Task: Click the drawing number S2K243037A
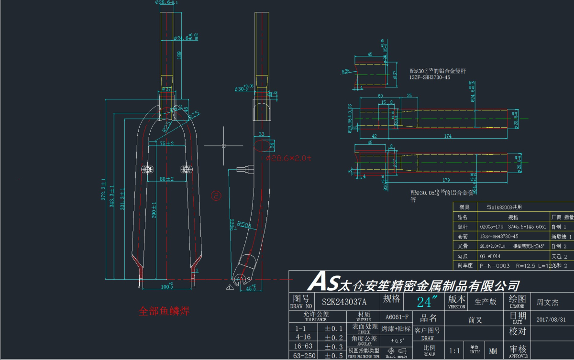(x=344, y=302)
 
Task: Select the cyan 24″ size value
(x=428, y=302)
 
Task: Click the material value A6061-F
(x=397, y=316)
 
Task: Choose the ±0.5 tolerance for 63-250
(x=334, y=355)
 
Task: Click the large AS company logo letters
(x=323, y=282)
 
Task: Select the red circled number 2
(x=217, y=195)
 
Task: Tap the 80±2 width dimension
(x=166, y=179)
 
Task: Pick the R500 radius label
(x=244, y=224)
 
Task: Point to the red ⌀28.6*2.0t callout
(x=288, y=158)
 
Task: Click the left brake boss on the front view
(x=147, y=169)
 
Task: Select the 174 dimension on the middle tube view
(x=447, y=137)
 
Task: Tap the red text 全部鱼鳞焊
(x=164, y=311)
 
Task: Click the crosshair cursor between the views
(x=224, y=145)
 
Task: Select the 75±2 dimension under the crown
(x=166, y=143)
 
